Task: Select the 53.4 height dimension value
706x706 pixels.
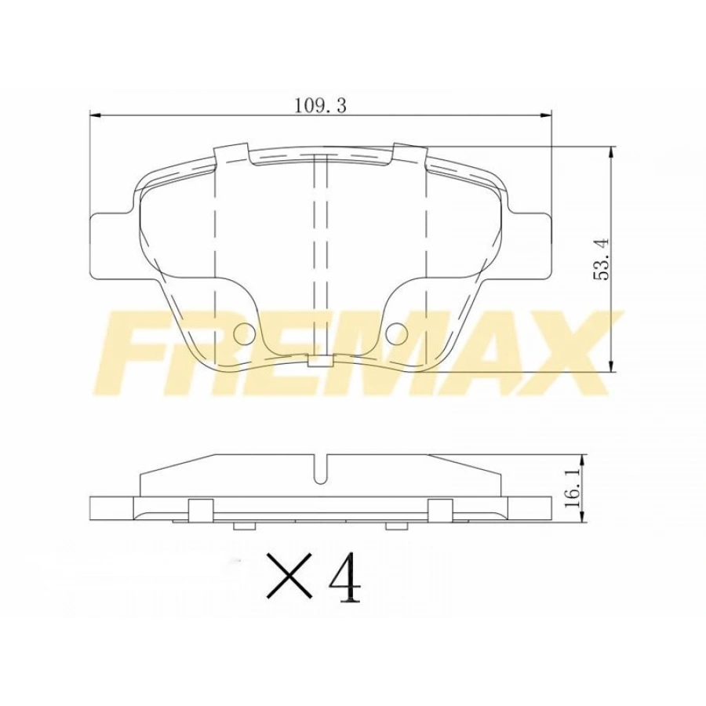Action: [601, 258]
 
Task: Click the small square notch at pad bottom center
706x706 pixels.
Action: [319, 362]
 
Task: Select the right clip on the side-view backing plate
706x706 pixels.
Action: [440, 509]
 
